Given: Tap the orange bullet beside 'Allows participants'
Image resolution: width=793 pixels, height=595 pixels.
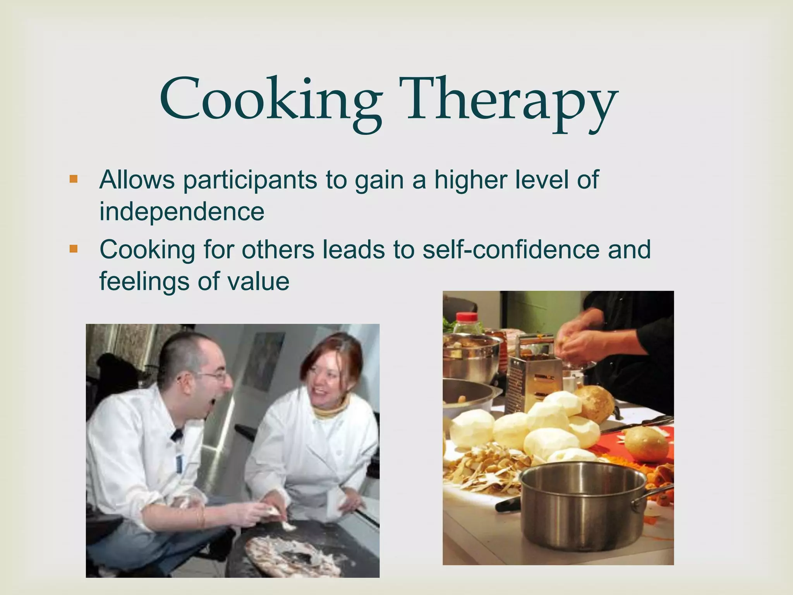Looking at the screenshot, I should pyautogui.click(x=73, y=179).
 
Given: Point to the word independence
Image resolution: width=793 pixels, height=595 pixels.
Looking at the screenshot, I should pyautogui.click(x=182, y=212).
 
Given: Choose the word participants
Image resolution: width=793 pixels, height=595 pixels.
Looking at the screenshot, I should pyautogui.click(x=250, y=181).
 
